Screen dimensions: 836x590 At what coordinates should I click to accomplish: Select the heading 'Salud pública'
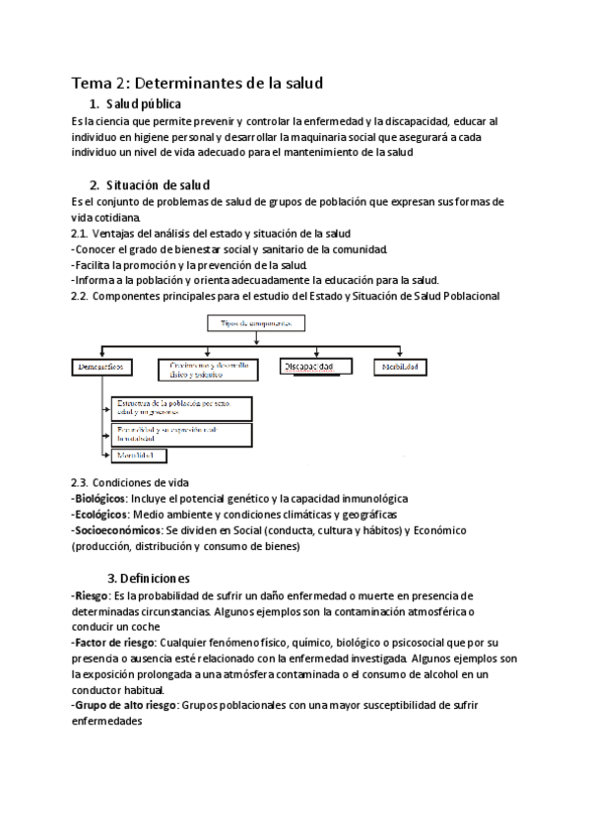(149, 104)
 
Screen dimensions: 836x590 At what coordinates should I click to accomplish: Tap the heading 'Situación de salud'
(163, 185)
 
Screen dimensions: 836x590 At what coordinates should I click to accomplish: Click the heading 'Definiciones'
(155, 578)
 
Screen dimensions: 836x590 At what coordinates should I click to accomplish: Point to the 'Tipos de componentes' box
(256, 322)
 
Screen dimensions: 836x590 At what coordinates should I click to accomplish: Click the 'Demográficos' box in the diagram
(103, 368)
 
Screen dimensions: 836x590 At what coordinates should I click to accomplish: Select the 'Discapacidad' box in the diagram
(316, 367)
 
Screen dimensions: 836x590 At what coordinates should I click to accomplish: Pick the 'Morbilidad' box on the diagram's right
(401, 367)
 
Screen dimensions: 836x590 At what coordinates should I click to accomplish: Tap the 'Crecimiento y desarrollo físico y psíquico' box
(209, 368)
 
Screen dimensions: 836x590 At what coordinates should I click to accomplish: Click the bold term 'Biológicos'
(98, 499)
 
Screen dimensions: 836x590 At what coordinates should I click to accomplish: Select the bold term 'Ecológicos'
(98, 515)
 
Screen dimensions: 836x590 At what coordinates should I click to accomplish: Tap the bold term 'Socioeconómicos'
(114, 530)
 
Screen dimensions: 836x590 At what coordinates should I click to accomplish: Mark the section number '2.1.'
(80, 234)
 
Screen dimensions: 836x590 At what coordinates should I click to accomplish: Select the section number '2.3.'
(80, 483)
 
